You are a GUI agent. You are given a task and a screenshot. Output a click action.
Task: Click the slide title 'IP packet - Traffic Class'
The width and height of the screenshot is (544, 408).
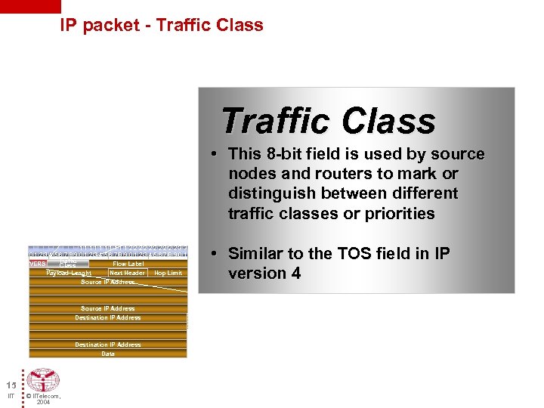point(162,25)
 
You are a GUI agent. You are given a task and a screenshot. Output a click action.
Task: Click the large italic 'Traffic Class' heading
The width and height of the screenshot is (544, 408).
point(329,121)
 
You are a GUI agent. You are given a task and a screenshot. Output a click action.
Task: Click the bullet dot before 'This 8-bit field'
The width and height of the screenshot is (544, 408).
point(215,154)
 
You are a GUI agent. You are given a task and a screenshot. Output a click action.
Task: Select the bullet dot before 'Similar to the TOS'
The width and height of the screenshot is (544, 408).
point(215,253)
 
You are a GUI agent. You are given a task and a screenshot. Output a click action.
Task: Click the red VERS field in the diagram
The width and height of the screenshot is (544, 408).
point(38,264)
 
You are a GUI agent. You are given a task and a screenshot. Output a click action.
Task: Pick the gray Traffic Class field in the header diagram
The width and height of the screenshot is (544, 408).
point(68,264)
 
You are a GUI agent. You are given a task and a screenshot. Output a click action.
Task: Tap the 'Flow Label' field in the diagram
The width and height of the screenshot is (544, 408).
point(128,264)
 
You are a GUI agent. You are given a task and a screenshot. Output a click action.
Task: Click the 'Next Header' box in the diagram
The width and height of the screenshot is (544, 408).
point(127,273)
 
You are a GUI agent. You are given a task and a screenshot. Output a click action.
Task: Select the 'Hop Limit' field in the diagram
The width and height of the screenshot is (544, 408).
point(168,273)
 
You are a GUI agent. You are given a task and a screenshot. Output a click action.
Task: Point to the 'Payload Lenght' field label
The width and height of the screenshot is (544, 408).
point(69,273)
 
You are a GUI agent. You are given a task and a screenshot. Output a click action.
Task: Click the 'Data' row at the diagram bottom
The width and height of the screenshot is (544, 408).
point(108,354)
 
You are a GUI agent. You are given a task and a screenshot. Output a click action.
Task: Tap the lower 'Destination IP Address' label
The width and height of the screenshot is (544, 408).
point(108,345)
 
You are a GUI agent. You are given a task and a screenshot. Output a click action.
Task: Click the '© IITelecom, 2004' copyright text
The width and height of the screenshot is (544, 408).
point(43,398)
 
